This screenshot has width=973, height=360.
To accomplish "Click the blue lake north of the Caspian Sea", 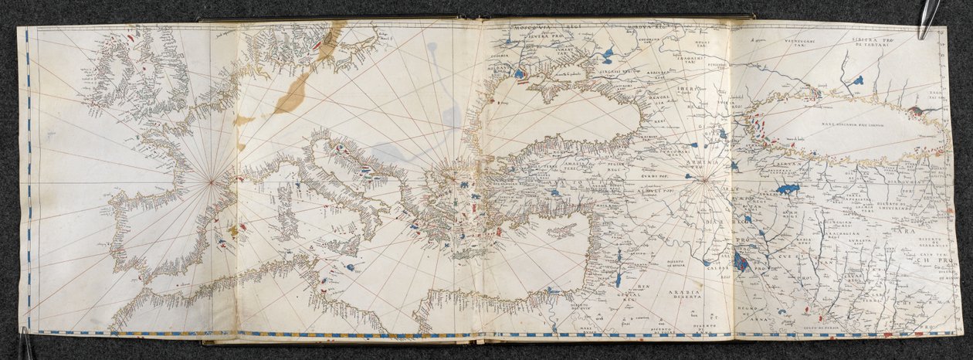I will pos(857,80).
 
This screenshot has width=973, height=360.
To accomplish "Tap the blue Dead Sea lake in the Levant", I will pos(618,278).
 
